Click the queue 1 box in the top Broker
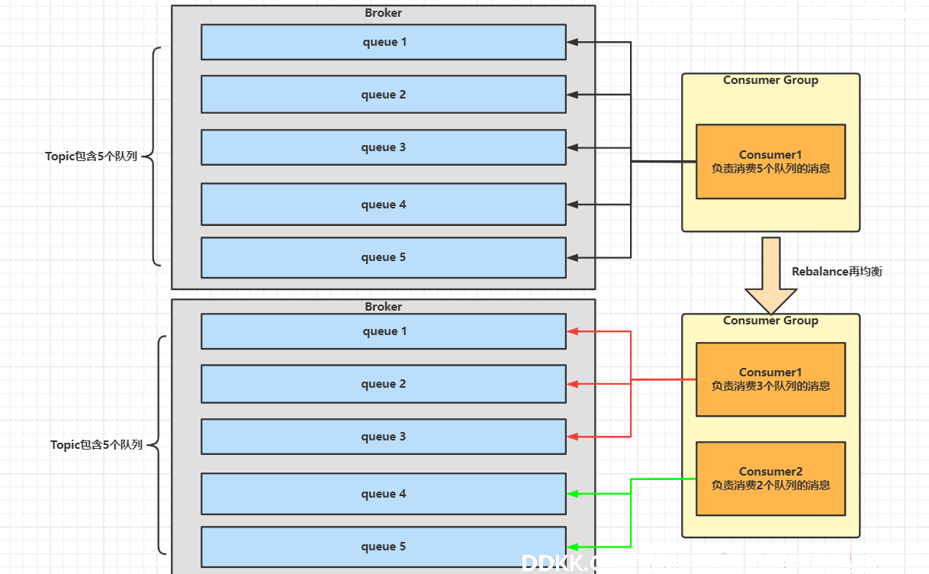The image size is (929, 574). pos(384,42)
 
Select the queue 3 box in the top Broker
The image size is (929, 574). pos(384,147)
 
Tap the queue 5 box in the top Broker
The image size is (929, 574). pos(384,257)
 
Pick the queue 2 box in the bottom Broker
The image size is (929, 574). pos(384,384)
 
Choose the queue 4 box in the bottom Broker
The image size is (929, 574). pos(384,494)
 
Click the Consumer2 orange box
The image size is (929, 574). pos(770,479)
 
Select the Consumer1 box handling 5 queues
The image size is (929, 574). pos(770,162)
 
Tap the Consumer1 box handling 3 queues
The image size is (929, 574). pos(770,379)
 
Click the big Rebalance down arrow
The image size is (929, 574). pos(771,276)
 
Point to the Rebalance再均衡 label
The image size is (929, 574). pos(837,272)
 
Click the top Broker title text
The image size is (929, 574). pos(383,13)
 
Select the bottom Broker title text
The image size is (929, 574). pos(383,307)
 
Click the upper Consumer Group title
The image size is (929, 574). pos(770,80)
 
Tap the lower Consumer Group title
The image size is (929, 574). pos(770,321)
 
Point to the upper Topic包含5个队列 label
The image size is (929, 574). pos(92,156)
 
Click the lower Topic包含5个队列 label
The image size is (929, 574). pos(97,445)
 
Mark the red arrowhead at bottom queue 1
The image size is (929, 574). pos(572,331)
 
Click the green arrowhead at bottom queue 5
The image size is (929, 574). pos(572,547)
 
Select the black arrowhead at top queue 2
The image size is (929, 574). pos(572,95)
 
